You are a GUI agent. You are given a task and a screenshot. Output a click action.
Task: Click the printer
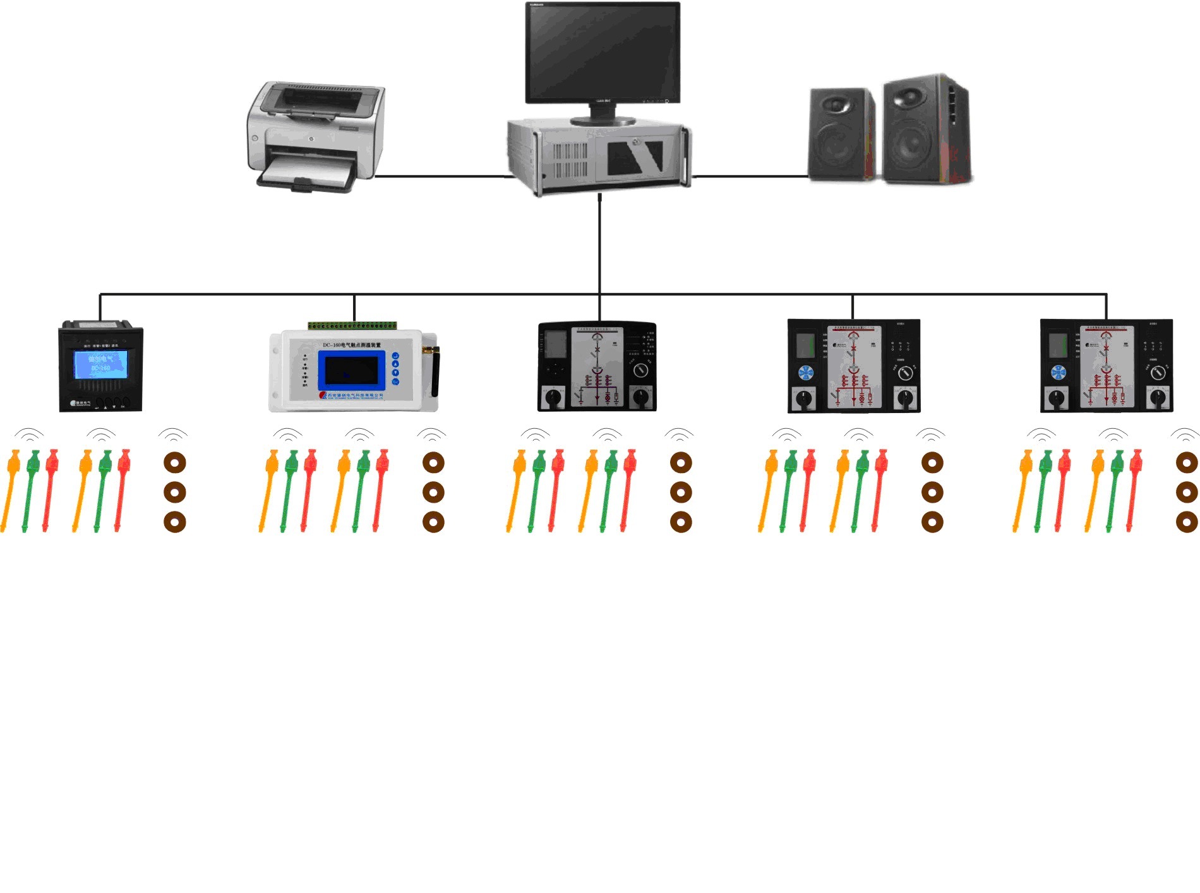[316, 136]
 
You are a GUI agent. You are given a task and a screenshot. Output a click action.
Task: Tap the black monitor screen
[603, 52]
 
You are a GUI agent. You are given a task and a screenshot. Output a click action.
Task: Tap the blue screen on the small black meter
[100, 365]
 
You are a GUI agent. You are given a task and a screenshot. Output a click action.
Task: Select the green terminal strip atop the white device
[352, 326]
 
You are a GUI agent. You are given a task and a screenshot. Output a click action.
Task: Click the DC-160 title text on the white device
[352, 345]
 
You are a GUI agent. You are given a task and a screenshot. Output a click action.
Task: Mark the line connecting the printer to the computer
[442, 176]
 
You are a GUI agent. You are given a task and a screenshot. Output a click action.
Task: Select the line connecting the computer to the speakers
[750, 176]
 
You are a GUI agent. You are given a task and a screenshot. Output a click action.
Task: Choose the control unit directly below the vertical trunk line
[597, 366]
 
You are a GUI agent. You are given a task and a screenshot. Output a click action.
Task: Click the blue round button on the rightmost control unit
[1059, 373]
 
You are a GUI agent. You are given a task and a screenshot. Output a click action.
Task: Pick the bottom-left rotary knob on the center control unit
[554, 397]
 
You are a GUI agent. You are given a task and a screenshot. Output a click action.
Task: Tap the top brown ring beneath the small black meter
[175, 462]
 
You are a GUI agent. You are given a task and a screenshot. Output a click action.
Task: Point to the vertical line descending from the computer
[600, 246]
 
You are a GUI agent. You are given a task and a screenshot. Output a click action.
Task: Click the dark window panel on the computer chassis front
[635, 157]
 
